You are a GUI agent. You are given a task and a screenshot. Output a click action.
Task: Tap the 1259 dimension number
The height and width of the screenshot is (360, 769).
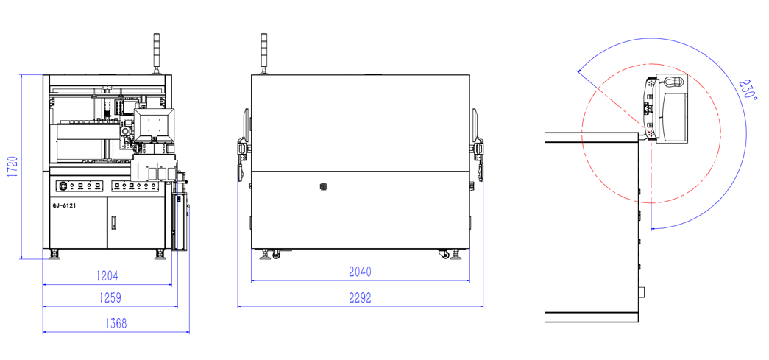coord(110,297)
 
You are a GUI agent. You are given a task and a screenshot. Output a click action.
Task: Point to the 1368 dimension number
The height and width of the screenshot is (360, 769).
coord(116,324)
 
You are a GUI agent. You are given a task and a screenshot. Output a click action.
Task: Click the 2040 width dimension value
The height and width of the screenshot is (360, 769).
coord(360,272)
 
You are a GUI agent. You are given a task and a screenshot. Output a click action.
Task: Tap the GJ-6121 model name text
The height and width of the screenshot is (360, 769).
coord(64,206)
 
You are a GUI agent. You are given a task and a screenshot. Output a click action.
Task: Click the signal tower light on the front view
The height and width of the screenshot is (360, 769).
coord(157,52)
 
